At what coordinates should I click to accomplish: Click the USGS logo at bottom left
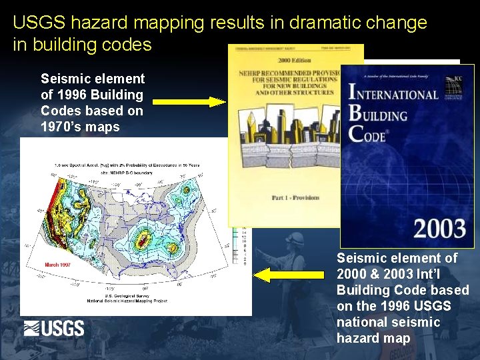coord(54,328)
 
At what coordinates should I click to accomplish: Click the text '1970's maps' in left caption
coord(80,127)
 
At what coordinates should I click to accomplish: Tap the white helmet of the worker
coord(294,239)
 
